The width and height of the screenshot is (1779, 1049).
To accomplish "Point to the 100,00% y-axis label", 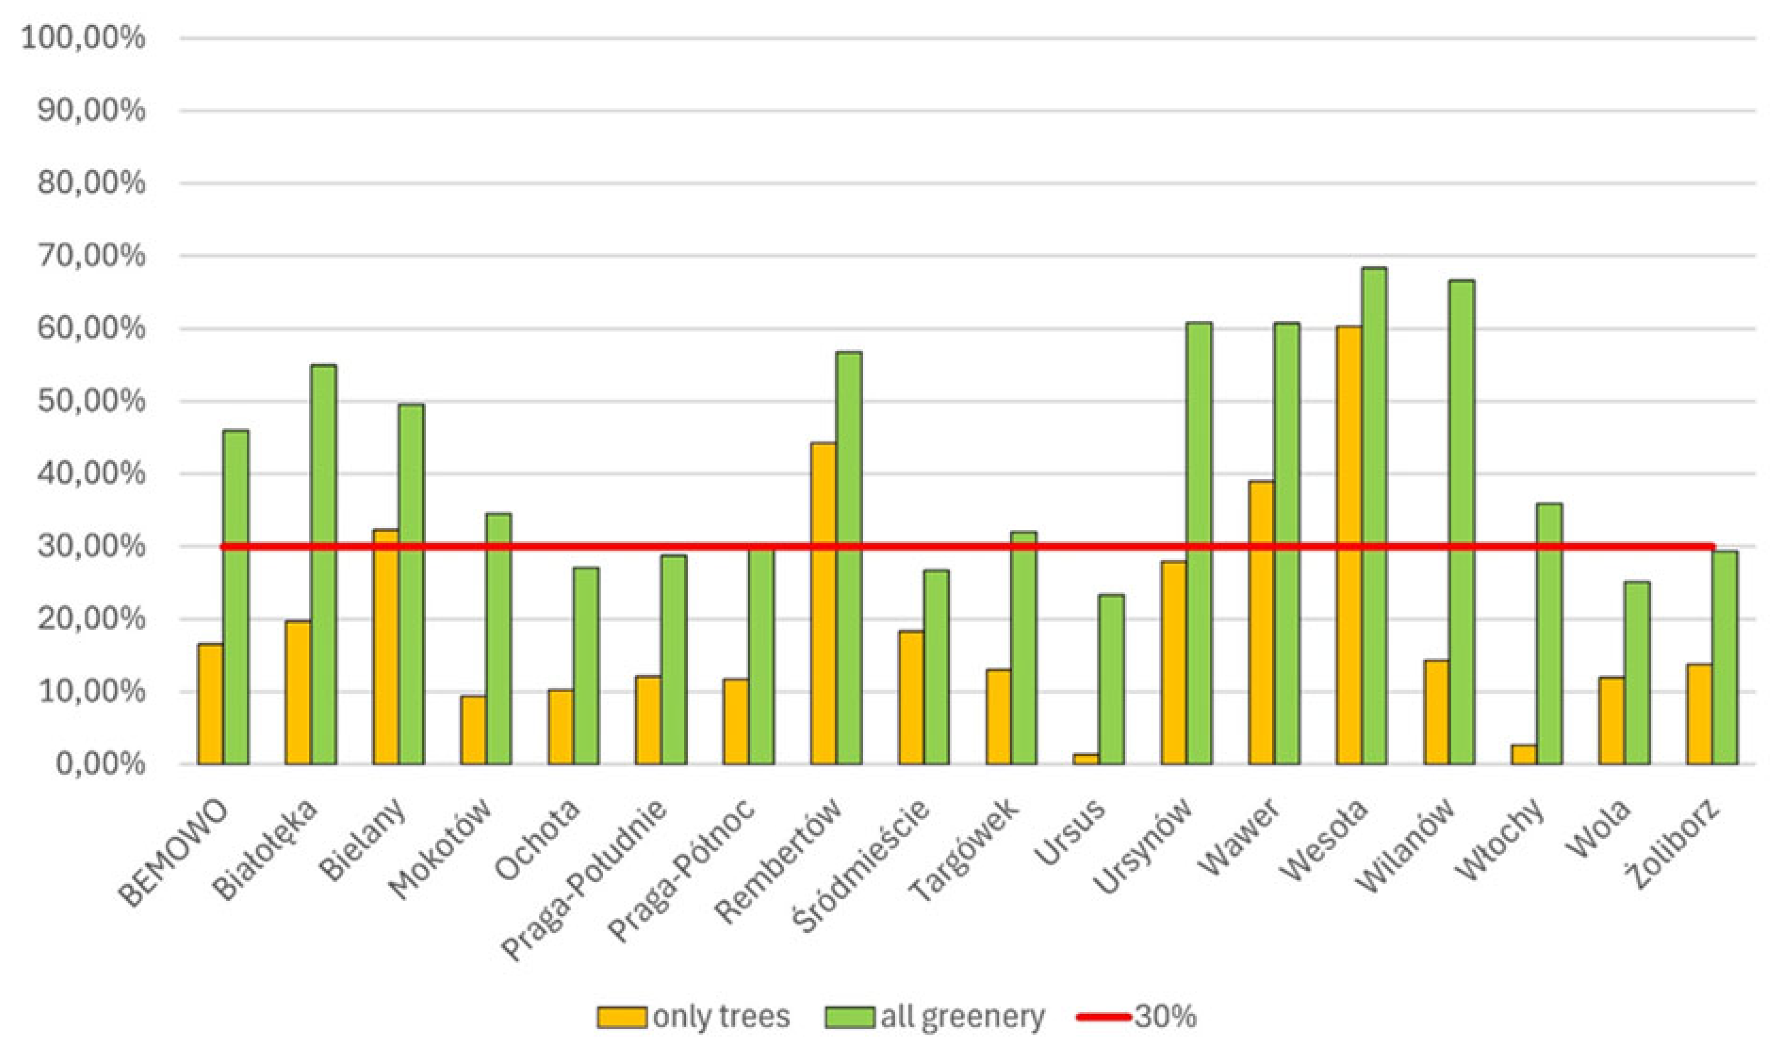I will tap(83, 37).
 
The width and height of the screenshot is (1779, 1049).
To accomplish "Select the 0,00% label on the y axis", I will tap(99, 764).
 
